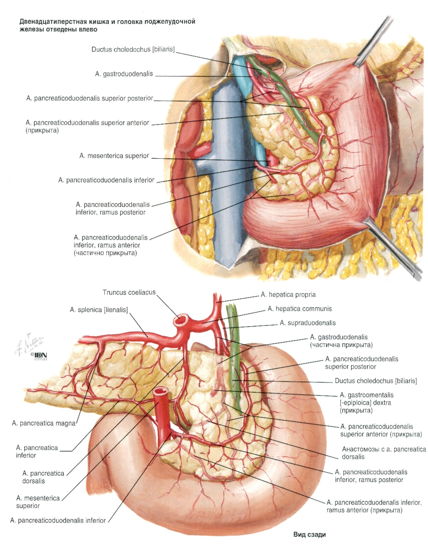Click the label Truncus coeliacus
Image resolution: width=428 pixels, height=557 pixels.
pyautogui.click(x=129, y=292)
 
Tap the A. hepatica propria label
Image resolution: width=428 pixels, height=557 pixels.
pyautogui.click(x=288, y=295)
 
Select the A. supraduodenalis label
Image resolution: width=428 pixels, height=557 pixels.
pyautogui.click(x=308, y=323)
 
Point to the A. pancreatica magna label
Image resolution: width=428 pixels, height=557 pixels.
pyautogui.click(x=44, y=423)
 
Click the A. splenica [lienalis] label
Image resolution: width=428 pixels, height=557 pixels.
pyautogui.click(x=99, y=310)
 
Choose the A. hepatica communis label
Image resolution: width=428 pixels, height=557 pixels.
pyautogui.click(x=300, y=309)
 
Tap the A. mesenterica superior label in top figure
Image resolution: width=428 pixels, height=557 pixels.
pyautogui.click(x=114, y=156)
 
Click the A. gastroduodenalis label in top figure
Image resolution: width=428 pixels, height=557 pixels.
pyautogui.click(x=124, y=74)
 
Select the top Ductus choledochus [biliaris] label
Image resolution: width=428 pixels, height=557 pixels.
pyautogui.click(x=133, y=49)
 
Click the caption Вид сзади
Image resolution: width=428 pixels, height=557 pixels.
pyautogui.click(x=309, y=535)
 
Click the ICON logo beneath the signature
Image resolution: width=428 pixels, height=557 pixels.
pyautogui.click(x=39, y=356)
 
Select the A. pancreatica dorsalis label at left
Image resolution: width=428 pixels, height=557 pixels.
pyautogui.click(x=43, y=477)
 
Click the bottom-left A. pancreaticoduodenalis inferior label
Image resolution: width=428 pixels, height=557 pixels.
pyautogui.click(x=58, y=521)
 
